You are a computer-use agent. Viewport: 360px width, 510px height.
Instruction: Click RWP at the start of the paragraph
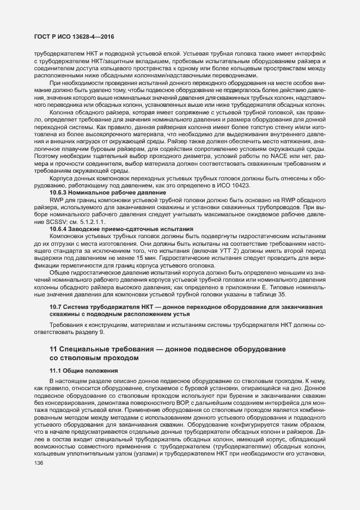(57, 201)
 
